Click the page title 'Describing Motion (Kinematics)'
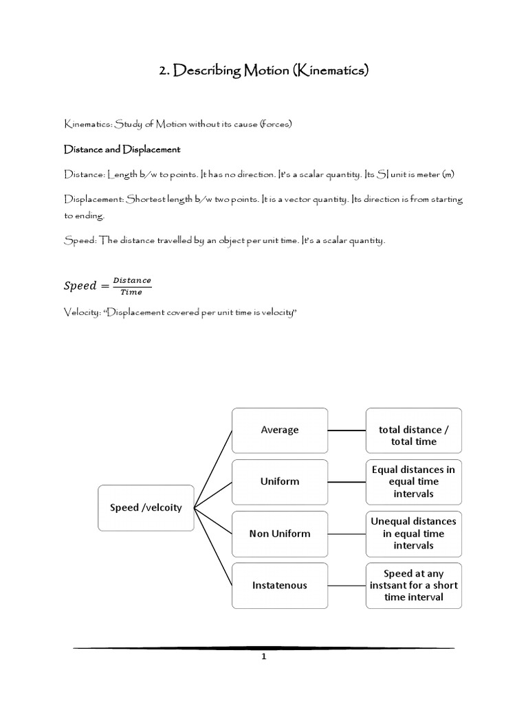pyautogui.click(x=264, y=70)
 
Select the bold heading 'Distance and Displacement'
pyautogui.click(x=122, y=149)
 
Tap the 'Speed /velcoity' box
pyautogui.click(x=146, y=507)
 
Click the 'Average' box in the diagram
pyautogui.click(x=280, y=430)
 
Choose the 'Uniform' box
pyautogui.click(x=280, y=481)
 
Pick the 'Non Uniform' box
pyautogui.click(x=280, y=533)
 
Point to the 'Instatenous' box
pyautogui.click(x=280, y=586)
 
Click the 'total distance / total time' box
pyautogui.click(x=413, y=435)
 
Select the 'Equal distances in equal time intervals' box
pyautogui.click(x=413, y=481)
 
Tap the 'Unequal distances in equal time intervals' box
pyautogui.click(x=413, y=533)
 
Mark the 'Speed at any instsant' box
pyautogui.click(x=413, y=586)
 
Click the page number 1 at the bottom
pyautogui.click(x=263, y=656)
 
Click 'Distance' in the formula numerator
pyautogui.click(x=131, y=279)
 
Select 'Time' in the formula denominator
pyautogui.click(x=131, y=292)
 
